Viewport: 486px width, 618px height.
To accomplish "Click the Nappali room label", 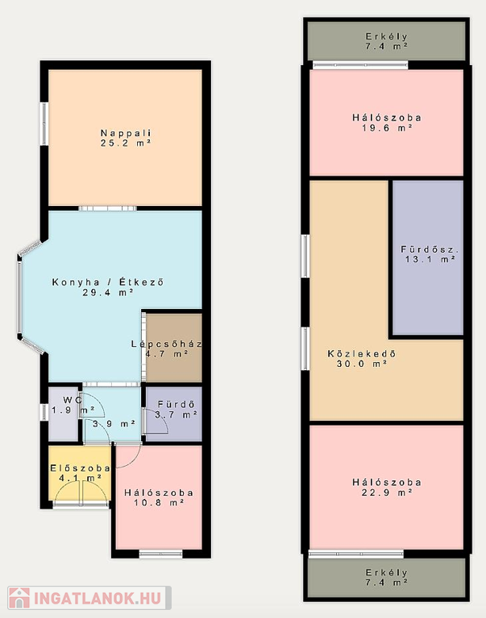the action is pyautogui.click(x=126, y=133).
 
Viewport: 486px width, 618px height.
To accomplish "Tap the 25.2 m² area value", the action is pyautogui.click(x=126, y=143).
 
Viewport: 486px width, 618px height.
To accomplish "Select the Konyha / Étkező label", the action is pyautogui.click(x=108, y=282).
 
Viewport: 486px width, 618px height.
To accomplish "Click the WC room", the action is pyautogui.click(x=63, y=414).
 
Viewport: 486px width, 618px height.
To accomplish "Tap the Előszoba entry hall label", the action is pyautogui.click(x=80, y=468).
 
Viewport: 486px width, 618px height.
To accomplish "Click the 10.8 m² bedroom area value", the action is pyautogui.click(x=159, y=503).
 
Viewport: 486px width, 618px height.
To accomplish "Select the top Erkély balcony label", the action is pyautogui.click(x=387, y=37).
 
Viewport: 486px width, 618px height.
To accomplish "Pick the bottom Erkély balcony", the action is pyautogui.click(x=387, y=578).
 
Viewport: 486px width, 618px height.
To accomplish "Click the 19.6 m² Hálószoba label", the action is pyautogui.click(x=387, y=117).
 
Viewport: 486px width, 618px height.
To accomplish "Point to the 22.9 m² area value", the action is pyautogui.click(x=387, y=492).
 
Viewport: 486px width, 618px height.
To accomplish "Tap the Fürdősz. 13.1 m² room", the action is pyautogui.click(x=428, y=257).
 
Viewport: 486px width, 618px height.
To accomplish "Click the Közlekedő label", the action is pyautogui.click(x=362, y=353).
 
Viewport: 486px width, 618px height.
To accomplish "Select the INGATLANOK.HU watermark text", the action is pyautogui.click(x=98, y=599).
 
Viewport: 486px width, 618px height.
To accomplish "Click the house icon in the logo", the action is pyautogui.click(x=19, y=598).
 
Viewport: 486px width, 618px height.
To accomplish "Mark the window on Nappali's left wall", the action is pyautogui.click(x=44, y=124).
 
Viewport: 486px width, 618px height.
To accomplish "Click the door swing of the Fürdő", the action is pyautogui.click(x=156, y=421).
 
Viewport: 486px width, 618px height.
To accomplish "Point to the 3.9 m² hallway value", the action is pyautogui.click(x=114, y=424).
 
